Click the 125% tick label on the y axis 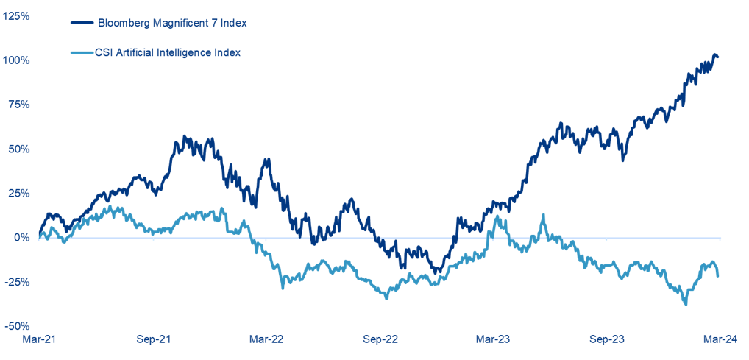click(x=16, y=15)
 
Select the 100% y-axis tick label click(x=16, y=60)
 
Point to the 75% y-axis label click(x=18, y=105)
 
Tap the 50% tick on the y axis click(x=18, y=149)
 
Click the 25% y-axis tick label click(x=18, y=193)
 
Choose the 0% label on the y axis click(x=21, y=237)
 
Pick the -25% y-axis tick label click(x=17, y=282)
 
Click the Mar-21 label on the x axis click(x=38, y=339)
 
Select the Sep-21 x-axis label click(x=153, y=339)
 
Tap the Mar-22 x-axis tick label click(x=266, y=339)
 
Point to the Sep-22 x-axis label click(x=381, y=339)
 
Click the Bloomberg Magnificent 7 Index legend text click(x=172, y=23)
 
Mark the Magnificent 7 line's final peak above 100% click(x=714, y=55)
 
